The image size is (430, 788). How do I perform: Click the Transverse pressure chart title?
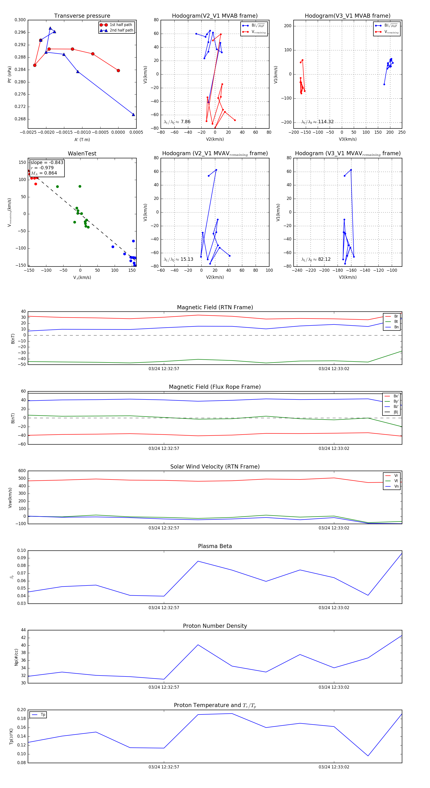(x=82, y=16)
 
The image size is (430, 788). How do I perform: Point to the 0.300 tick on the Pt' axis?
(x=20, y=20)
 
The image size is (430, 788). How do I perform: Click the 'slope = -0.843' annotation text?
(x=47, y=162)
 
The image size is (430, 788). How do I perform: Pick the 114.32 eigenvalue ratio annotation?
(x=326, y=122)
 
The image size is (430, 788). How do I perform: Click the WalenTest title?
(x=82, y=154)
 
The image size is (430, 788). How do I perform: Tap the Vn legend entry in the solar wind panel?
(x=396, y=486)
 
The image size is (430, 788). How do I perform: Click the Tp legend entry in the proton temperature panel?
(x=43, y=715)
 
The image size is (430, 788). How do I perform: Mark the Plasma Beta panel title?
(x=215, y=546)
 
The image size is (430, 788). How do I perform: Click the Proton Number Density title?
(x=215, y=626)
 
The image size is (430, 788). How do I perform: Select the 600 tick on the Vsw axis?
(x=22, y=471)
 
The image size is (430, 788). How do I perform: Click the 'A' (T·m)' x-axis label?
(x=82, y=139)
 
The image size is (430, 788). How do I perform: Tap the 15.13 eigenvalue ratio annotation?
(x=187, y=259)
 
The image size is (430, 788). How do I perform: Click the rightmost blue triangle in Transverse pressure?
(x=133, y=115)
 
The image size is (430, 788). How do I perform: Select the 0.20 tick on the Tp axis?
(x=21, y=710)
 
